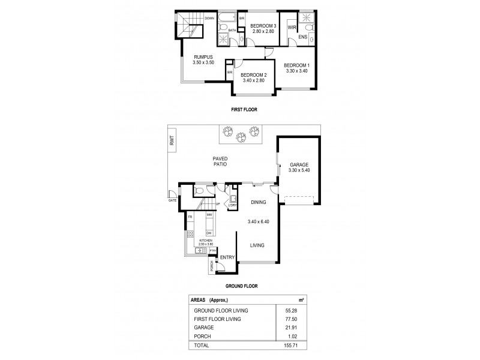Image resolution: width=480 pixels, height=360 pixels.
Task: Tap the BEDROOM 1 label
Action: click(297, 65)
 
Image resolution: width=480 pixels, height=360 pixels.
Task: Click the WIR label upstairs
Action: click(292, 28)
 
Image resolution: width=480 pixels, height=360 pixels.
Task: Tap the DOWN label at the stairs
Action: click(209, 19)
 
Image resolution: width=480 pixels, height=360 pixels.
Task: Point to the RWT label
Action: click(172, 141)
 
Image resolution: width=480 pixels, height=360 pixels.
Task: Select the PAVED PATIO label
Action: click(218, 161)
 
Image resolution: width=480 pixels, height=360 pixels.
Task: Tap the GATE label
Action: click(172, 201)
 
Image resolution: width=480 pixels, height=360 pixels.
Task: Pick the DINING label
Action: click(258, 202)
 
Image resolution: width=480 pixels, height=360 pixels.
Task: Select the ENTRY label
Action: click(227, 257)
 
